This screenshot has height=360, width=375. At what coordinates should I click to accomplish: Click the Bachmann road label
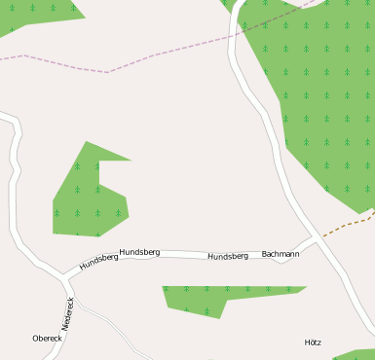[281, 254]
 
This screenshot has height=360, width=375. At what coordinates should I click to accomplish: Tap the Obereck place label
[47, 339]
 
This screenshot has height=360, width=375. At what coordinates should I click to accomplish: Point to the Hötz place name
[313, 342]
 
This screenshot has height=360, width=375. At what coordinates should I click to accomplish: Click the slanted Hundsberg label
[98, 261]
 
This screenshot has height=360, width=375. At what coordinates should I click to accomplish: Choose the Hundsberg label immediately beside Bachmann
[228, 256]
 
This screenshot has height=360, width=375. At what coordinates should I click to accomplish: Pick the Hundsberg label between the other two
[139, 252]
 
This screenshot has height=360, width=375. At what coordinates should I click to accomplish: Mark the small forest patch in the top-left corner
[39, 12]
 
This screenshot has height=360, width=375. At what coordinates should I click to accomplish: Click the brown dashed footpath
[347, 225]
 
